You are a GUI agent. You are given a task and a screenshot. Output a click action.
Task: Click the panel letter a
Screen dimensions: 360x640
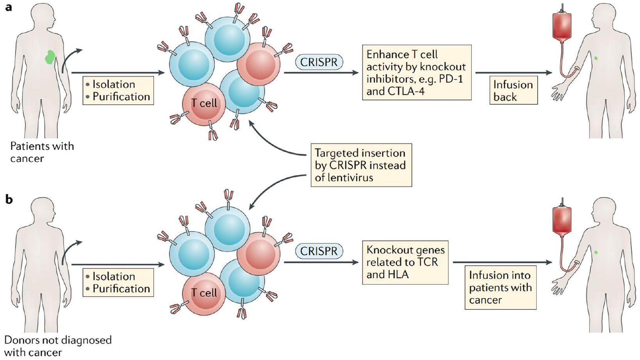8,7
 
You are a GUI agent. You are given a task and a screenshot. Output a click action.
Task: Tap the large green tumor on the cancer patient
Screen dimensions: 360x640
50,57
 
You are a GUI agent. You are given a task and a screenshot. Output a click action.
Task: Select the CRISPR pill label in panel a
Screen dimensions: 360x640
318,62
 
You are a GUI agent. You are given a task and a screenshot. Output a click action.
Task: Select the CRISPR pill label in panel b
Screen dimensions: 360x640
318,251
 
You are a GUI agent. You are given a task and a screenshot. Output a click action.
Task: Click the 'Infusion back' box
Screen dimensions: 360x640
513,90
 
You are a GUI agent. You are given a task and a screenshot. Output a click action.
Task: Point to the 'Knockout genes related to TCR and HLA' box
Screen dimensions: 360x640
405,262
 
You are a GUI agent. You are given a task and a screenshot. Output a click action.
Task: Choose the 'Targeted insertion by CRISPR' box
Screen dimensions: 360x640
361,165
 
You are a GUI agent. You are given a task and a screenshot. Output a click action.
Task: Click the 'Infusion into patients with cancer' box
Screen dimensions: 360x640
500,287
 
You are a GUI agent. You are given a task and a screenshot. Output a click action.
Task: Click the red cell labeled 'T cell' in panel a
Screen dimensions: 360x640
204,103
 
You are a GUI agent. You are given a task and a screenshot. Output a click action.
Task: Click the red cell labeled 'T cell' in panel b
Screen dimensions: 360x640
204,293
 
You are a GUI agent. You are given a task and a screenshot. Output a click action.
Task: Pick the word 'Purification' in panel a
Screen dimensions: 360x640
121,97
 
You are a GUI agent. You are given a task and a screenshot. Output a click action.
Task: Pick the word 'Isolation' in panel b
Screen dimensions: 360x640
114,277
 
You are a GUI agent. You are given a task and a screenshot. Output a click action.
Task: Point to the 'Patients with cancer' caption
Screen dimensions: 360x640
42,152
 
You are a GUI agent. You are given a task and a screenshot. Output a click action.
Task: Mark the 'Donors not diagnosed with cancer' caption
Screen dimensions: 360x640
57,346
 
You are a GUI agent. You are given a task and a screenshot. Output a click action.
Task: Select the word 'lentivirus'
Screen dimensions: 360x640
344,177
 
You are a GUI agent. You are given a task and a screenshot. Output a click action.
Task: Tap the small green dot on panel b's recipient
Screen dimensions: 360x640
596,252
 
